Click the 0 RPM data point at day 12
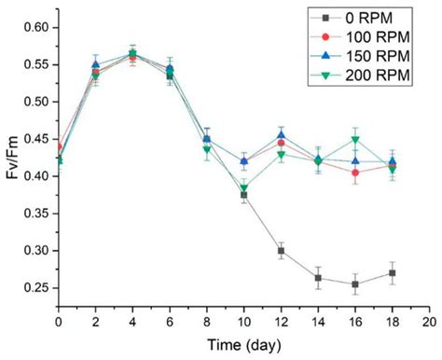(280, 250)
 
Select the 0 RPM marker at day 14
(317, 278)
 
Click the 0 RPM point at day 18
(391, 273)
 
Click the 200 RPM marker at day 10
(242, 188)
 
